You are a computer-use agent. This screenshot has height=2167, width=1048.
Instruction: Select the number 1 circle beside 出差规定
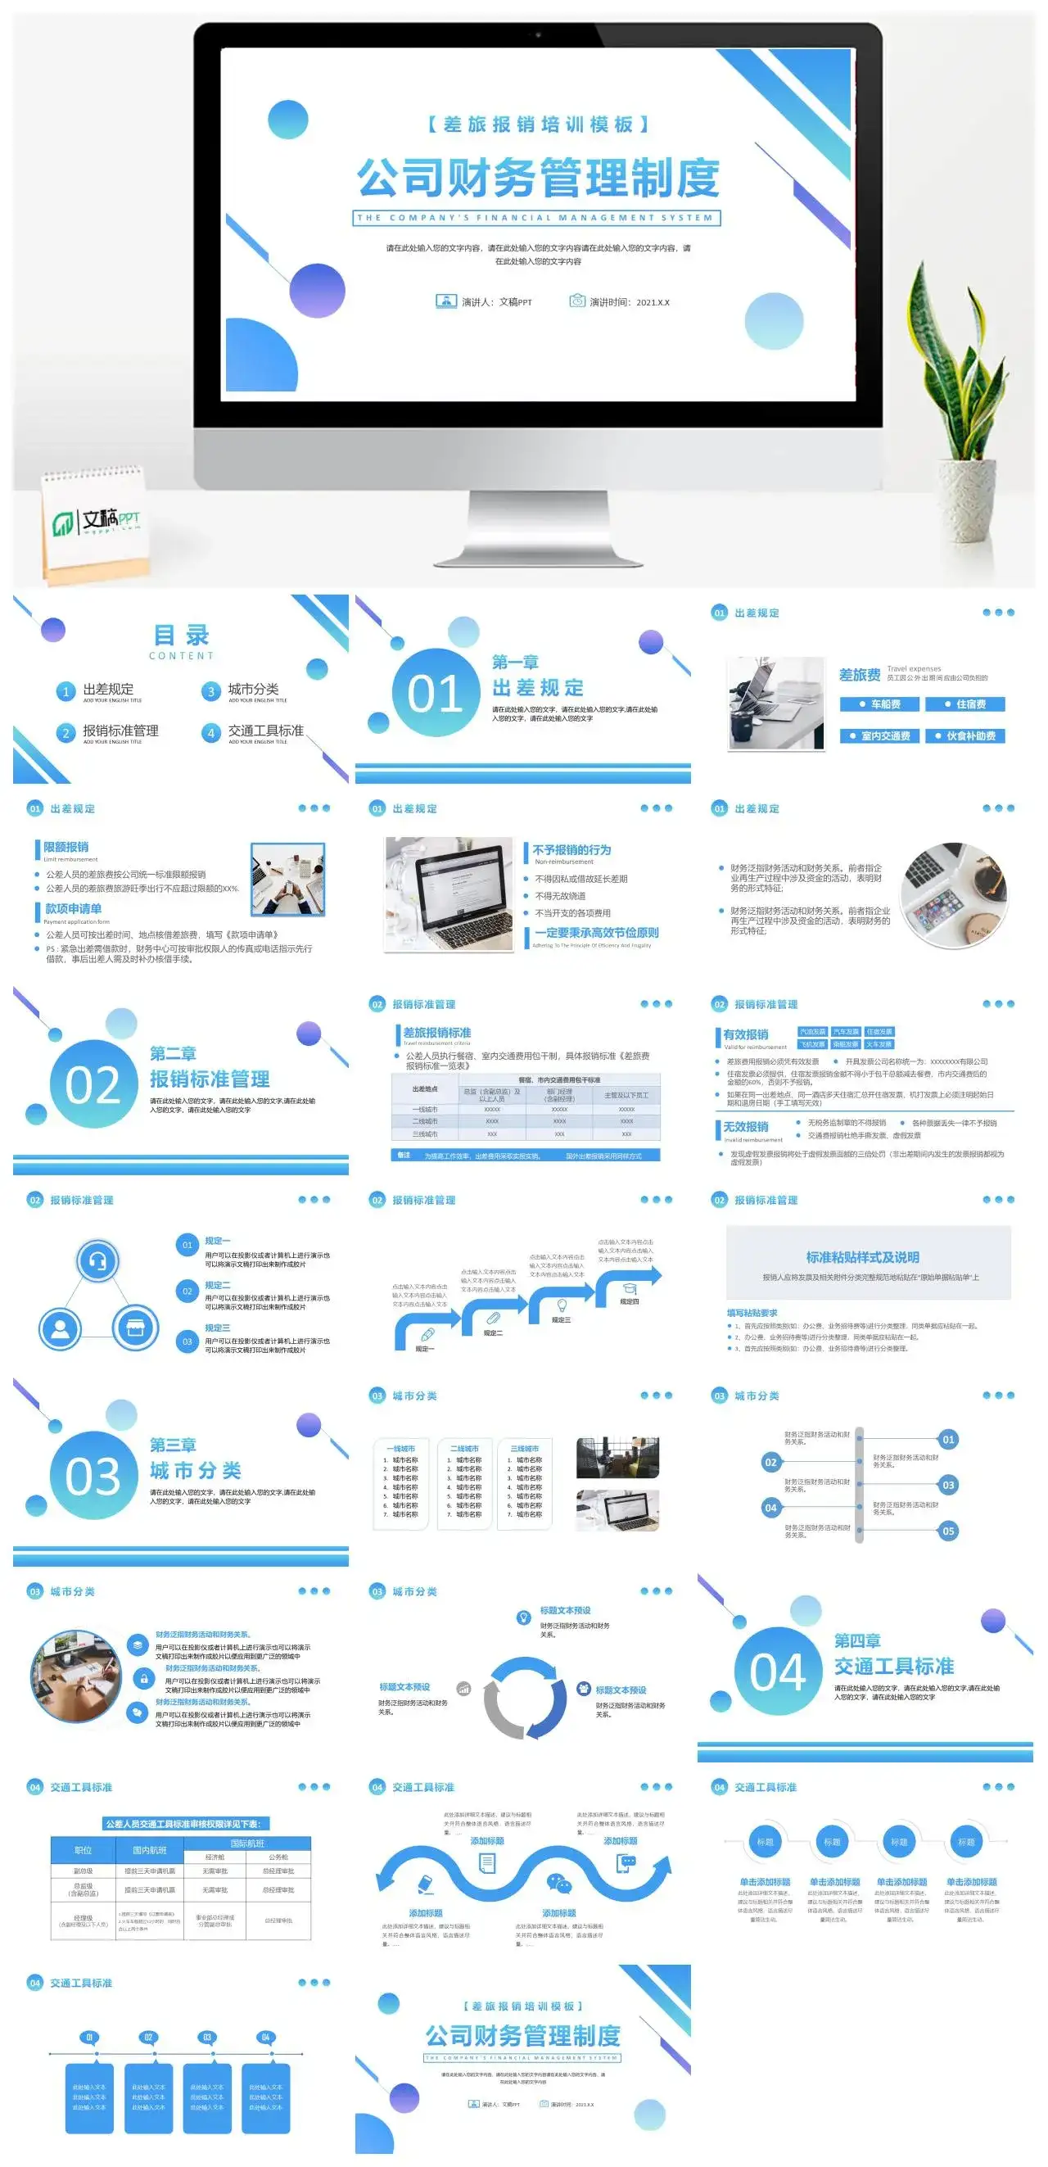65,691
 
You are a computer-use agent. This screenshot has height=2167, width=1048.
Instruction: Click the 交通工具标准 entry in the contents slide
265,731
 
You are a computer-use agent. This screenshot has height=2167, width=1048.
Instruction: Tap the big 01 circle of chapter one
436,692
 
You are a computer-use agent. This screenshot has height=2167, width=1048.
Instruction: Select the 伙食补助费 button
965,736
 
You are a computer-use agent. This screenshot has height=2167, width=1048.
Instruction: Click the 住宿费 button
965,704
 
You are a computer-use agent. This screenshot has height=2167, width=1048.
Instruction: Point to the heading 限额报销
65,847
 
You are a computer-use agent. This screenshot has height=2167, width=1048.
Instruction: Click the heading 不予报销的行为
571,849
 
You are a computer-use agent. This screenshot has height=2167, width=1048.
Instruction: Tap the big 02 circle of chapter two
93,1084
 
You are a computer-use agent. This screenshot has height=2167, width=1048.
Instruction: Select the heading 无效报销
745,1126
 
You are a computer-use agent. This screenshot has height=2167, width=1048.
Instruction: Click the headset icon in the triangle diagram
97,1261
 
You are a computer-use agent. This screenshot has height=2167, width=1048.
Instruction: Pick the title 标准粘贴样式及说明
862,1257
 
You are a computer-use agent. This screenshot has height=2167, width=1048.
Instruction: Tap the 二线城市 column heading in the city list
464,1449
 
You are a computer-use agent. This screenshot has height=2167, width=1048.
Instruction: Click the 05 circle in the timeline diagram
948,1531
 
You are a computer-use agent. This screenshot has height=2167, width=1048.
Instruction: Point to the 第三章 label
173,1445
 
